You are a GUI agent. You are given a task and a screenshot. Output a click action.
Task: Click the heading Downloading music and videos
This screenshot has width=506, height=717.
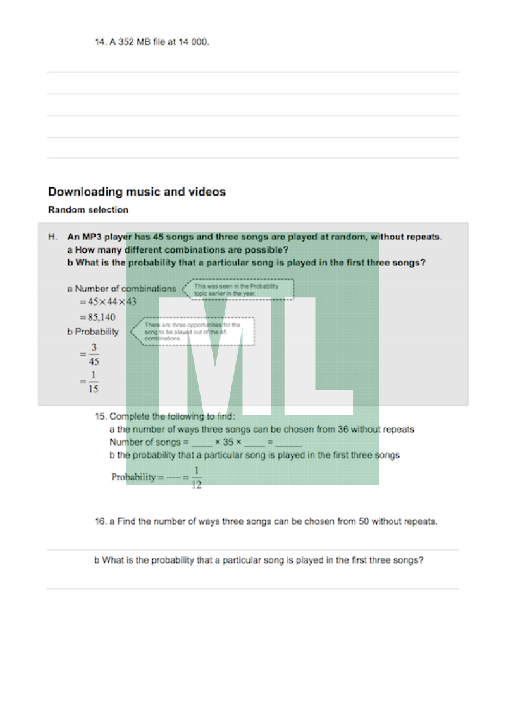tap(137, 192)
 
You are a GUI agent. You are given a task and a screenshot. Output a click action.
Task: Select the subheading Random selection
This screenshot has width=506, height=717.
tap(88, 210)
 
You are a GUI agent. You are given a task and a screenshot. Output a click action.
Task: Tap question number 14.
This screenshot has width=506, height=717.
tap(100, 42)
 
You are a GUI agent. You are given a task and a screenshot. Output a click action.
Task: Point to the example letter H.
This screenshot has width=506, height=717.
tap(52, 237)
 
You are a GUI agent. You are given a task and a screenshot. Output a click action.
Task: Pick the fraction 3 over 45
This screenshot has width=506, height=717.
tap(94, 355)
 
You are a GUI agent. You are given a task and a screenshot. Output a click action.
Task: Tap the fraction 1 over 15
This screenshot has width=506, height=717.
tap(94, 383)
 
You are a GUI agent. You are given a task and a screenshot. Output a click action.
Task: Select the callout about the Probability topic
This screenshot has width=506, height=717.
tap(239, 290)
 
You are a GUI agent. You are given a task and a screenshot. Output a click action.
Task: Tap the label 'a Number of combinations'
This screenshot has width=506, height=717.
tap(122, 289)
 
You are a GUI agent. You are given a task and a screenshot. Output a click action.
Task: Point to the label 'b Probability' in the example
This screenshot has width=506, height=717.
tap(93, 332)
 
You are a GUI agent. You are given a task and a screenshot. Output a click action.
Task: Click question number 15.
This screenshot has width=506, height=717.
tap(100, 416)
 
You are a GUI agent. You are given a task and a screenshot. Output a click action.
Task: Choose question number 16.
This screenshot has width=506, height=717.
tap(100, 522)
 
